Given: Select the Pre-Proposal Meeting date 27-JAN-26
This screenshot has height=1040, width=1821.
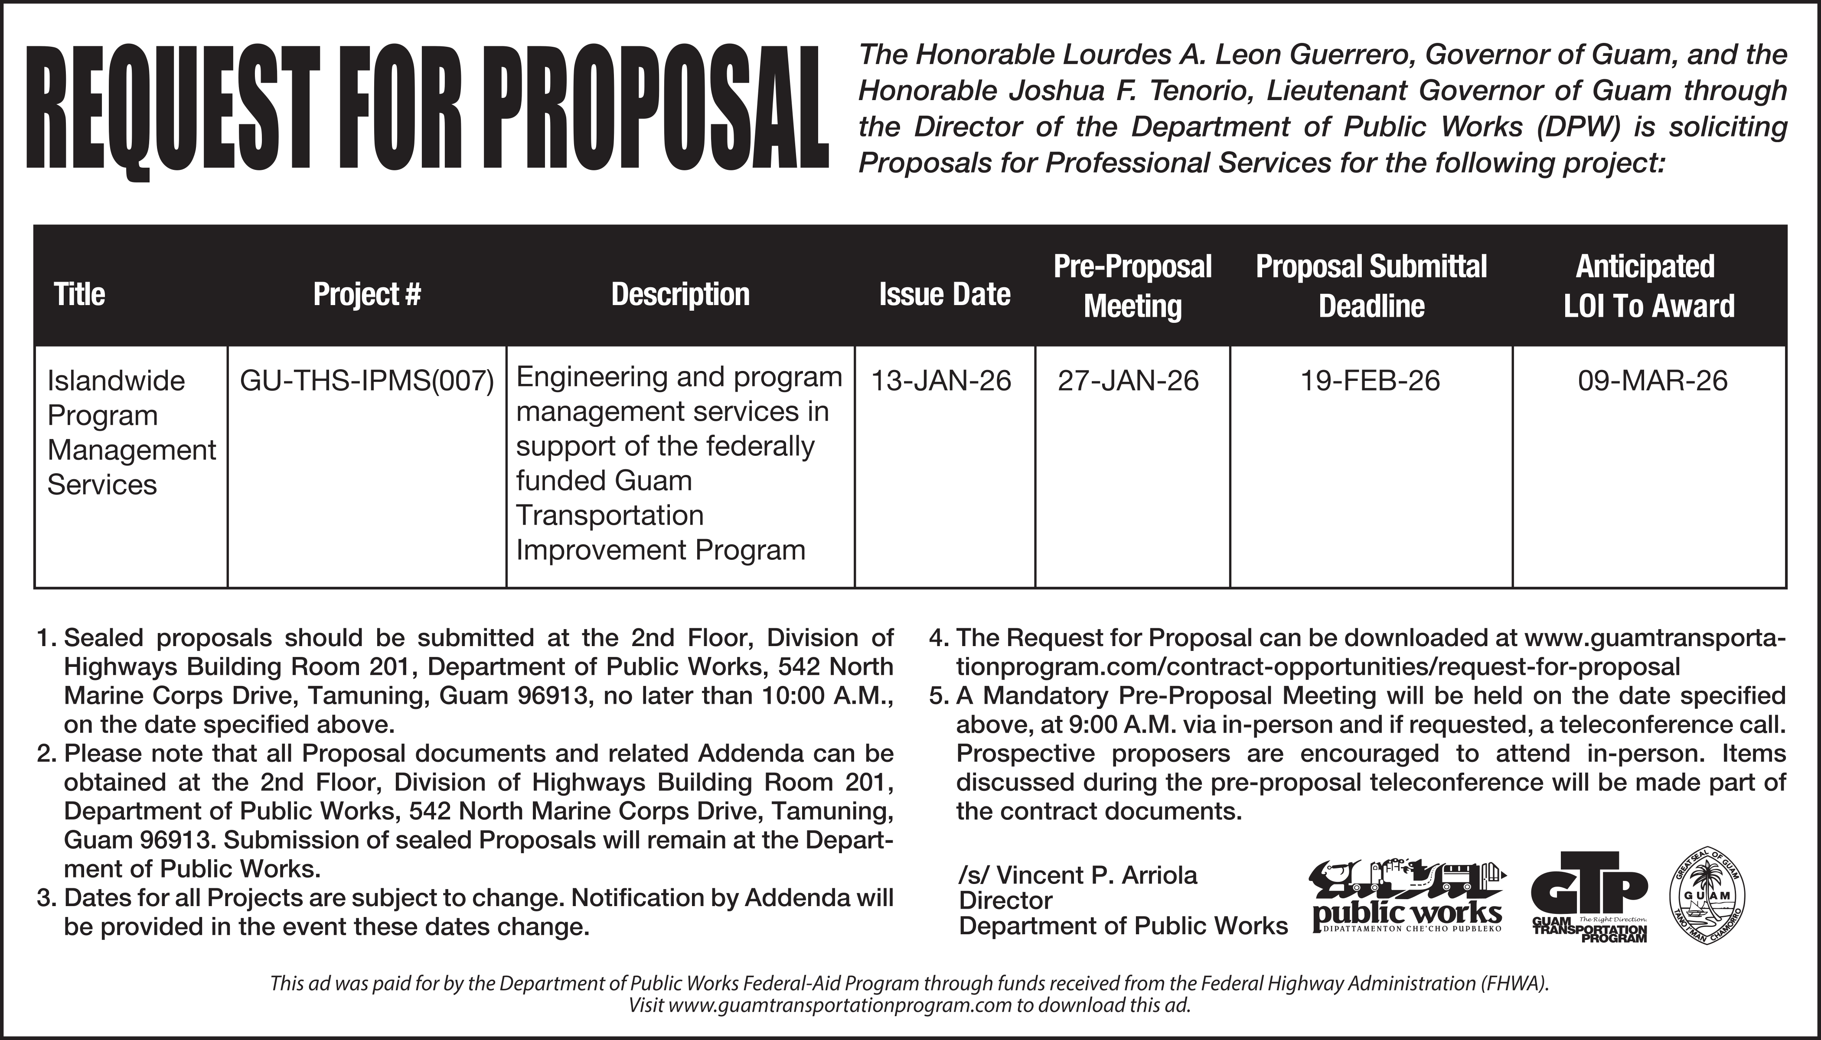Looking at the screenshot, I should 1129,381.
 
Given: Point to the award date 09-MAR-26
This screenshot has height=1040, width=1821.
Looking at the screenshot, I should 1652,381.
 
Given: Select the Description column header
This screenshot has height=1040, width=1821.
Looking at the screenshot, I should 680,294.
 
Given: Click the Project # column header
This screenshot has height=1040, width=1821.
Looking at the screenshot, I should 367,294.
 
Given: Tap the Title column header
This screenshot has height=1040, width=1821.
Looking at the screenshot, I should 79,294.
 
